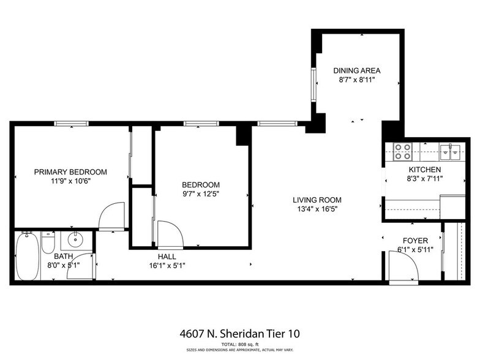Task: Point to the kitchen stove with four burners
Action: coord(402,151)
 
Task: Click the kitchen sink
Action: coord(454,151)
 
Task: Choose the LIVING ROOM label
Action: coord(317,200)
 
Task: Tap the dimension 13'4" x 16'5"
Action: coord(317,209)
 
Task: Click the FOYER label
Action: coord(414,241)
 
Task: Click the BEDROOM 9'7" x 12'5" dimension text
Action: coord(200,195)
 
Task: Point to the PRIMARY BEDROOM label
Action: coord(70,171)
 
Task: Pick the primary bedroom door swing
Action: coord(111,216)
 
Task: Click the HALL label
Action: coord(167,257)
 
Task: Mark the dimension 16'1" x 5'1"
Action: coord(167,266)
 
